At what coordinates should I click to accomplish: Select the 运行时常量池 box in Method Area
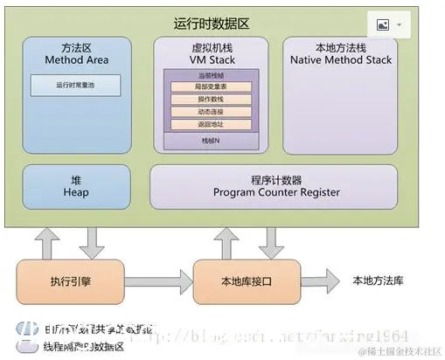[73, 86]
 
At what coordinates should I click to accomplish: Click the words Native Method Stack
[340, 60]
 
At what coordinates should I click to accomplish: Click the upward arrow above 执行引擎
[48, 242]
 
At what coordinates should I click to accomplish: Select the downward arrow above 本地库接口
[269, 242]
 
